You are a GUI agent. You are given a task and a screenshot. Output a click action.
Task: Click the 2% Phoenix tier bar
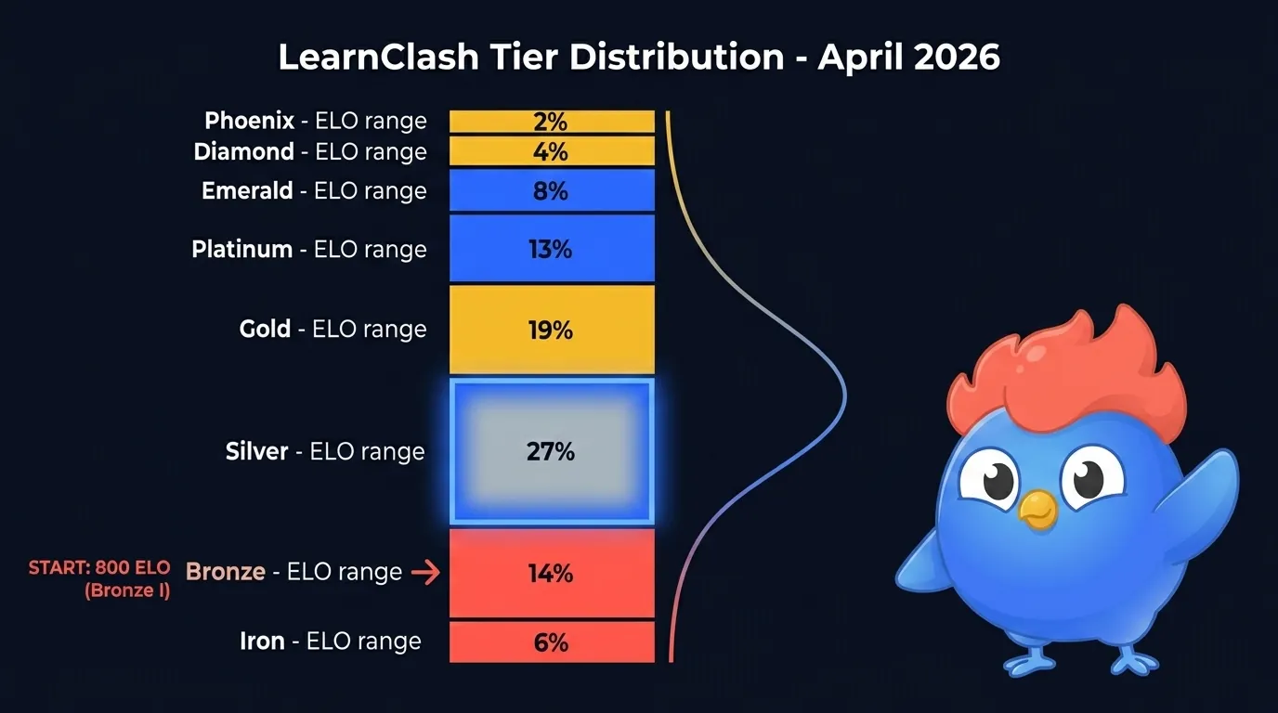tap(552, 122)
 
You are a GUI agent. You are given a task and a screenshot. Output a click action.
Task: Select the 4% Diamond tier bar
tap(552, 151)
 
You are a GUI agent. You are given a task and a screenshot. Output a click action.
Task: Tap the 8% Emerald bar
tap(552, 190)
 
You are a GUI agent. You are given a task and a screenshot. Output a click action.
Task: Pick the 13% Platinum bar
tap(552, 248)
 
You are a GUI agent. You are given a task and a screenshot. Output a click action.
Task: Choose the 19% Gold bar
tap(552, 329)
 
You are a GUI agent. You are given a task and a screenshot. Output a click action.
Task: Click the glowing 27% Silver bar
tap(552, 451)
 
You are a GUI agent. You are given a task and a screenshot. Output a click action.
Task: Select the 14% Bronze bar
tap(552, 573)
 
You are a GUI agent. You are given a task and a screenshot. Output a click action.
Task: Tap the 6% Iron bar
tap(552, 642)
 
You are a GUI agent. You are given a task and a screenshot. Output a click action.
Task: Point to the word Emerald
tap(247, 191)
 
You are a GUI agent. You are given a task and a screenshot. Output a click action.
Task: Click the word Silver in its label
tap(257, 452)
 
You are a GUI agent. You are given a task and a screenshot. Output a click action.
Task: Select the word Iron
tap(262, 642)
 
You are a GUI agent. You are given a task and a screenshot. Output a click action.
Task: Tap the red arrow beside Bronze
tap(425, 573)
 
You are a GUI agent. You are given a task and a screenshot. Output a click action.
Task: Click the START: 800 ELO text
tap(99, 567)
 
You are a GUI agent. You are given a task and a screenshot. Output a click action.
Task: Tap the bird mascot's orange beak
tap(1037, 509)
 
